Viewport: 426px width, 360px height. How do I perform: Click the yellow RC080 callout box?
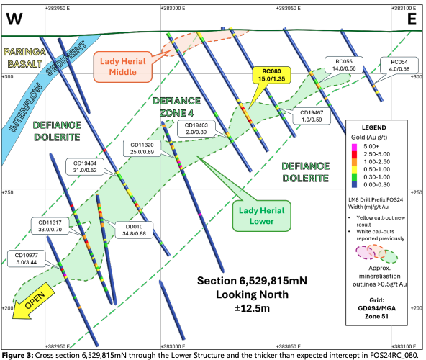tap(271, 75)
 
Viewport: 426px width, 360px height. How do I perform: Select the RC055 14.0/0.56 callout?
tap(344, 65)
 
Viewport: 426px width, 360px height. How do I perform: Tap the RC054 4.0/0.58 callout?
tap(399, 66)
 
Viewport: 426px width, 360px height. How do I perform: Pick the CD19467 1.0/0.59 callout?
tap(312, 116)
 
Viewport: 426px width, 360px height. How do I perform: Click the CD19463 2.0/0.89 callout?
tap(196, 129)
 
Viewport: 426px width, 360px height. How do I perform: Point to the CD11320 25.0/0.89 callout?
tap(142, 148)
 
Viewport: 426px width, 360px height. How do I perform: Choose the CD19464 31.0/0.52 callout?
tap(85, 166)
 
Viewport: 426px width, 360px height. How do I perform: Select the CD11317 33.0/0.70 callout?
tap(50, 226)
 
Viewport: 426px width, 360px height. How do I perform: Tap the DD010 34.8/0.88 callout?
tap(134, 230)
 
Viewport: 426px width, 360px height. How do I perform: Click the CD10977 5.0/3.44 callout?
tap(27, 258)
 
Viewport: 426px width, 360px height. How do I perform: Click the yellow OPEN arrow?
tap(33, 301)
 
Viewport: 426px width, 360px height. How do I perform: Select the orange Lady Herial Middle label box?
tap(122, 67)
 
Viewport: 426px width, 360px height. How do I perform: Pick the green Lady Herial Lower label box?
tap(261, 216)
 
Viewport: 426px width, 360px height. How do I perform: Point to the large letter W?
tap(14, 19)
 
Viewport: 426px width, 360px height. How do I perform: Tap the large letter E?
tap(412, 19)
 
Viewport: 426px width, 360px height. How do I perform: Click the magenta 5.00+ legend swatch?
tap(354, 147)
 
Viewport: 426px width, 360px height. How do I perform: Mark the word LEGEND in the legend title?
tap(374, 127)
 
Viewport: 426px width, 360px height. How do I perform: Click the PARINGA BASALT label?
tap(24, 58)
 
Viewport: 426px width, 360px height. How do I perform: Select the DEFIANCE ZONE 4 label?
tap(176, 107)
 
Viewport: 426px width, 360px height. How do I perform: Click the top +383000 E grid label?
tap(173, 9)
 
